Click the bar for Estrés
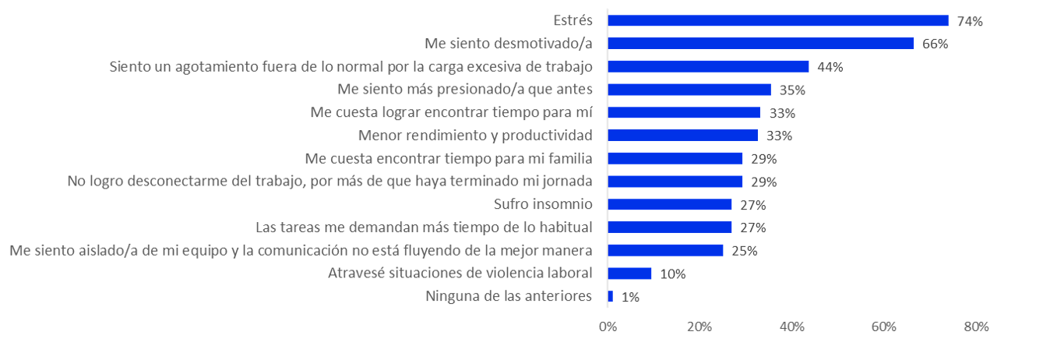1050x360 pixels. tap(777, 21)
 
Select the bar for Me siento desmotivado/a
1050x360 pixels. tap(760, 44)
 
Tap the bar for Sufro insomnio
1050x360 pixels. tap(669, 204)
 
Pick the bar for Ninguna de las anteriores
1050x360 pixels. tap(610, 296)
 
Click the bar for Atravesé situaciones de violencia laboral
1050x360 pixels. tap(629, 274)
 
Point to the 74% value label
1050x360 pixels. tap(970, 21)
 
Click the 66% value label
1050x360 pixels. tap(935, 44)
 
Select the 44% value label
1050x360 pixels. tap(830, 67)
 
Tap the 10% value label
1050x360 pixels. tap(673, 274)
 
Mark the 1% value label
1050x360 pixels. tap(631, 297)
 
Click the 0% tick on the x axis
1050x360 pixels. tap(608, 327)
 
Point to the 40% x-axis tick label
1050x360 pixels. tap(792, 327)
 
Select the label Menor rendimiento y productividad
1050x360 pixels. tap(475, 136)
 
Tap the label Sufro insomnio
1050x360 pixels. tap(543, 204)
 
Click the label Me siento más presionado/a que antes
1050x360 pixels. tap(465, 90)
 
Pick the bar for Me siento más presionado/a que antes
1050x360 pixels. tap(689, 90)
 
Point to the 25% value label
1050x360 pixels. tap(744, 251)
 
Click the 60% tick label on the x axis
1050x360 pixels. tap(884, 327)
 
